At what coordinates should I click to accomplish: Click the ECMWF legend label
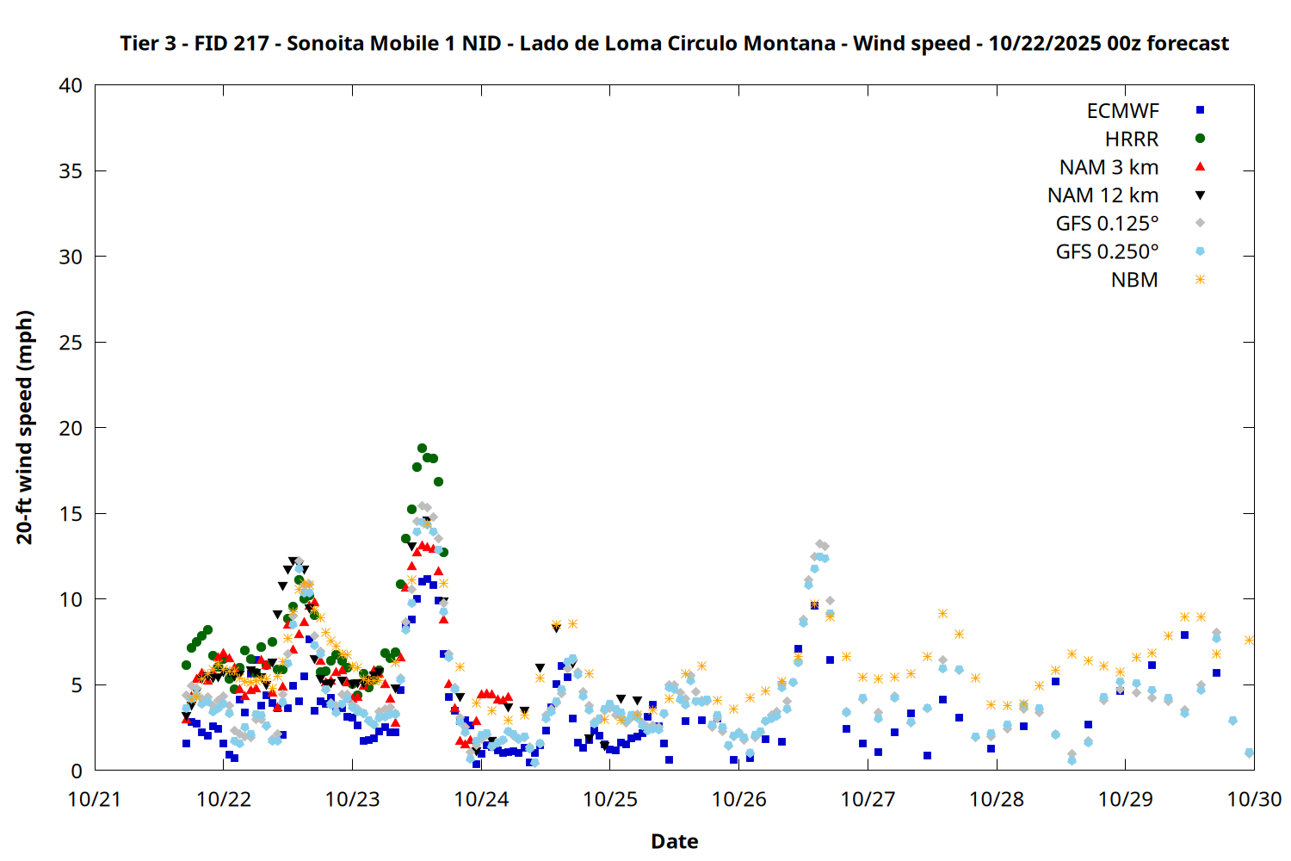tap(1122, 111)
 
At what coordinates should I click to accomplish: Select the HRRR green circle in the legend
tap(1200, 139)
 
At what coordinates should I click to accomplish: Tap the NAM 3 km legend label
tap(1109, 167)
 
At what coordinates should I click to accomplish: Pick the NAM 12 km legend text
tap(1103, 195)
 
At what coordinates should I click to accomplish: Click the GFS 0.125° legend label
tap(1107, 224)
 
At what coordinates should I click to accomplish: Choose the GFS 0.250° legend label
tap(1107, 252)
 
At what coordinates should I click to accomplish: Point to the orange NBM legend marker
tap(1200, 280)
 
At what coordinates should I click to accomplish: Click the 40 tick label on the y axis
tap(71, 85)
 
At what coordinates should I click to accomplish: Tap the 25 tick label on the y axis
tap(71, 343)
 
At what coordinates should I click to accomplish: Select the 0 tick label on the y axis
tap(77, 771)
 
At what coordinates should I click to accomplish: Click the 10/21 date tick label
tap(95, 799)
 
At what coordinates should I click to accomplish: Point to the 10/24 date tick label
tap(481, 799)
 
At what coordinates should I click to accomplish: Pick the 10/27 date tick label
tap(868, 799)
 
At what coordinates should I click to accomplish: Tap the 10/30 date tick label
tap(1254, 799)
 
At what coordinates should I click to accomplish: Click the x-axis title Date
tap(674, 841)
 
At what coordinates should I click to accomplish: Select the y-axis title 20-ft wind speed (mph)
tap(25, 427)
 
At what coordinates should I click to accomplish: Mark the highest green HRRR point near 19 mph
tap(422, 448)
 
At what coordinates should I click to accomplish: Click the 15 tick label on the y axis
tap(71, 514)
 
